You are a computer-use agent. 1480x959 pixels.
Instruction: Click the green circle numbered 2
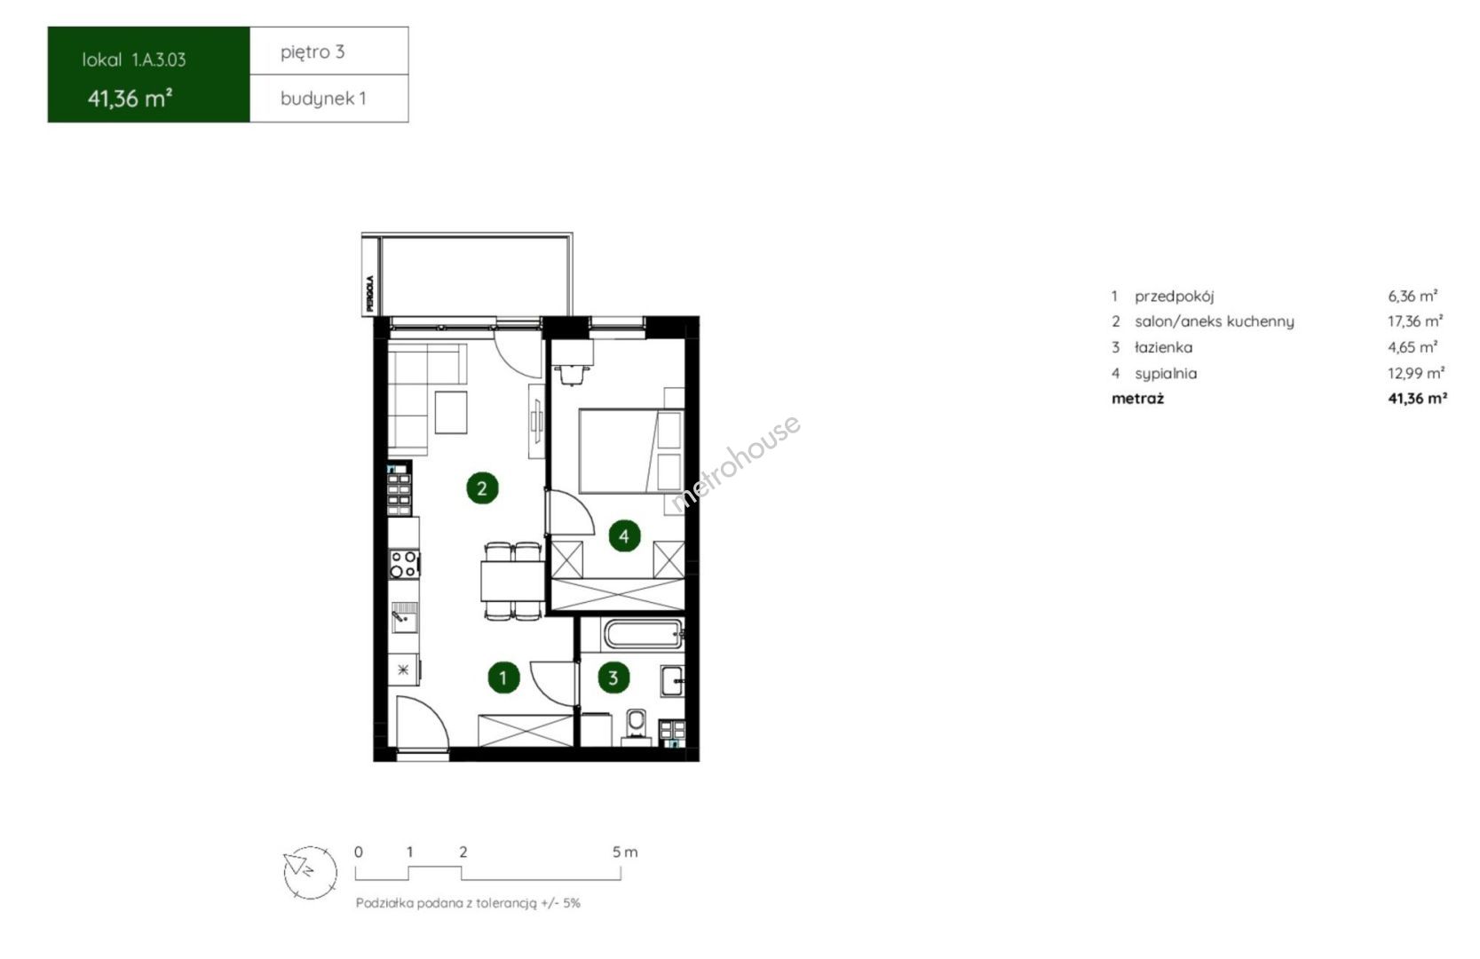(482, 488)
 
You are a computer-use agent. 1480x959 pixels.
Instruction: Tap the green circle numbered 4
(624, 536)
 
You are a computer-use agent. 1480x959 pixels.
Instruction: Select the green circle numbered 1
(503, 678)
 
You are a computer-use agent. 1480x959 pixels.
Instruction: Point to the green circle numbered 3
(613, 678)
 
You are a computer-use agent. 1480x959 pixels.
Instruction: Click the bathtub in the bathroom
(644, 634)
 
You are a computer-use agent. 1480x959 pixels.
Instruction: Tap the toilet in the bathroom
(637, 726)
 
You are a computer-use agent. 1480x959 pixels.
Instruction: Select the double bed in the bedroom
(630, 451)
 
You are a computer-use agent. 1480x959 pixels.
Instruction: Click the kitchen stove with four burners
(404, 564)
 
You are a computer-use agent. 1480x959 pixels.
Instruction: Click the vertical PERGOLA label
(370, 293)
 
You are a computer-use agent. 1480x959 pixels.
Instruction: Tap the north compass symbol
(310, 872)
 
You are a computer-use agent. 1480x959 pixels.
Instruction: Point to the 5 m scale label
(625, 852)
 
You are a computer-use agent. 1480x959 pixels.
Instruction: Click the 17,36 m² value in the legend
(1414, 321)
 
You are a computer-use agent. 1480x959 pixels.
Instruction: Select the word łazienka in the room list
(1164, 347)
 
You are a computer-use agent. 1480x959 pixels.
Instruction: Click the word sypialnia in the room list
(1166, 374)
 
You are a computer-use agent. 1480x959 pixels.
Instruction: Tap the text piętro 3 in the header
(313, 52)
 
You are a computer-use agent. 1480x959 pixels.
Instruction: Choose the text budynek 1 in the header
(323, 99)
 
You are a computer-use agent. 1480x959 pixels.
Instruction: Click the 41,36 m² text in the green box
(131, 99)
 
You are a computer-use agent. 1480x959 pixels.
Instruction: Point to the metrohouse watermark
(735, 463)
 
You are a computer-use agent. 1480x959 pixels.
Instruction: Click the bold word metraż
(1137, 399)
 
